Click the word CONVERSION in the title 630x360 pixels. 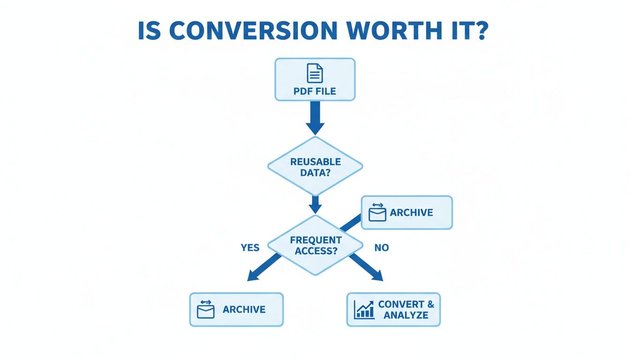pos(253,30)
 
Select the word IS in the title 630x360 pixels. pos(151,30)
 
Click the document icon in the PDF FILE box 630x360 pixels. pos(315,73)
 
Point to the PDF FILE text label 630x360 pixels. pos(315,91)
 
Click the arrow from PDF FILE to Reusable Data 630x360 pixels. pos(315,117)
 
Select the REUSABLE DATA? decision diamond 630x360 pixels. pos(315,166)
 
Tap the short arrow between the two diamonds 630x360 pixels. pos(315,204)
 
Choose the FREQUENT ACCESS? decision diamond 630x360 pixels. pos(315,245)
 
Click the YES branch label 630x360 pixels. pos(250,247)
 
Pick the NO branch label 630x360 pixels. pos(382,247)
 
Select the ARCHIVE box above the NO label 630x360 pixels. pos(406,212)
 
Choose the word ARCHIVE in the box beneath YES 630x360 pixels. pos(244,309)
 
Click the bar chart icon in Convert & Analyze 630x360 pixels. pos(364,309)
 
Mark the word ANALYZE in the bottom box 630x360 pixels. pos(406,315)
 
